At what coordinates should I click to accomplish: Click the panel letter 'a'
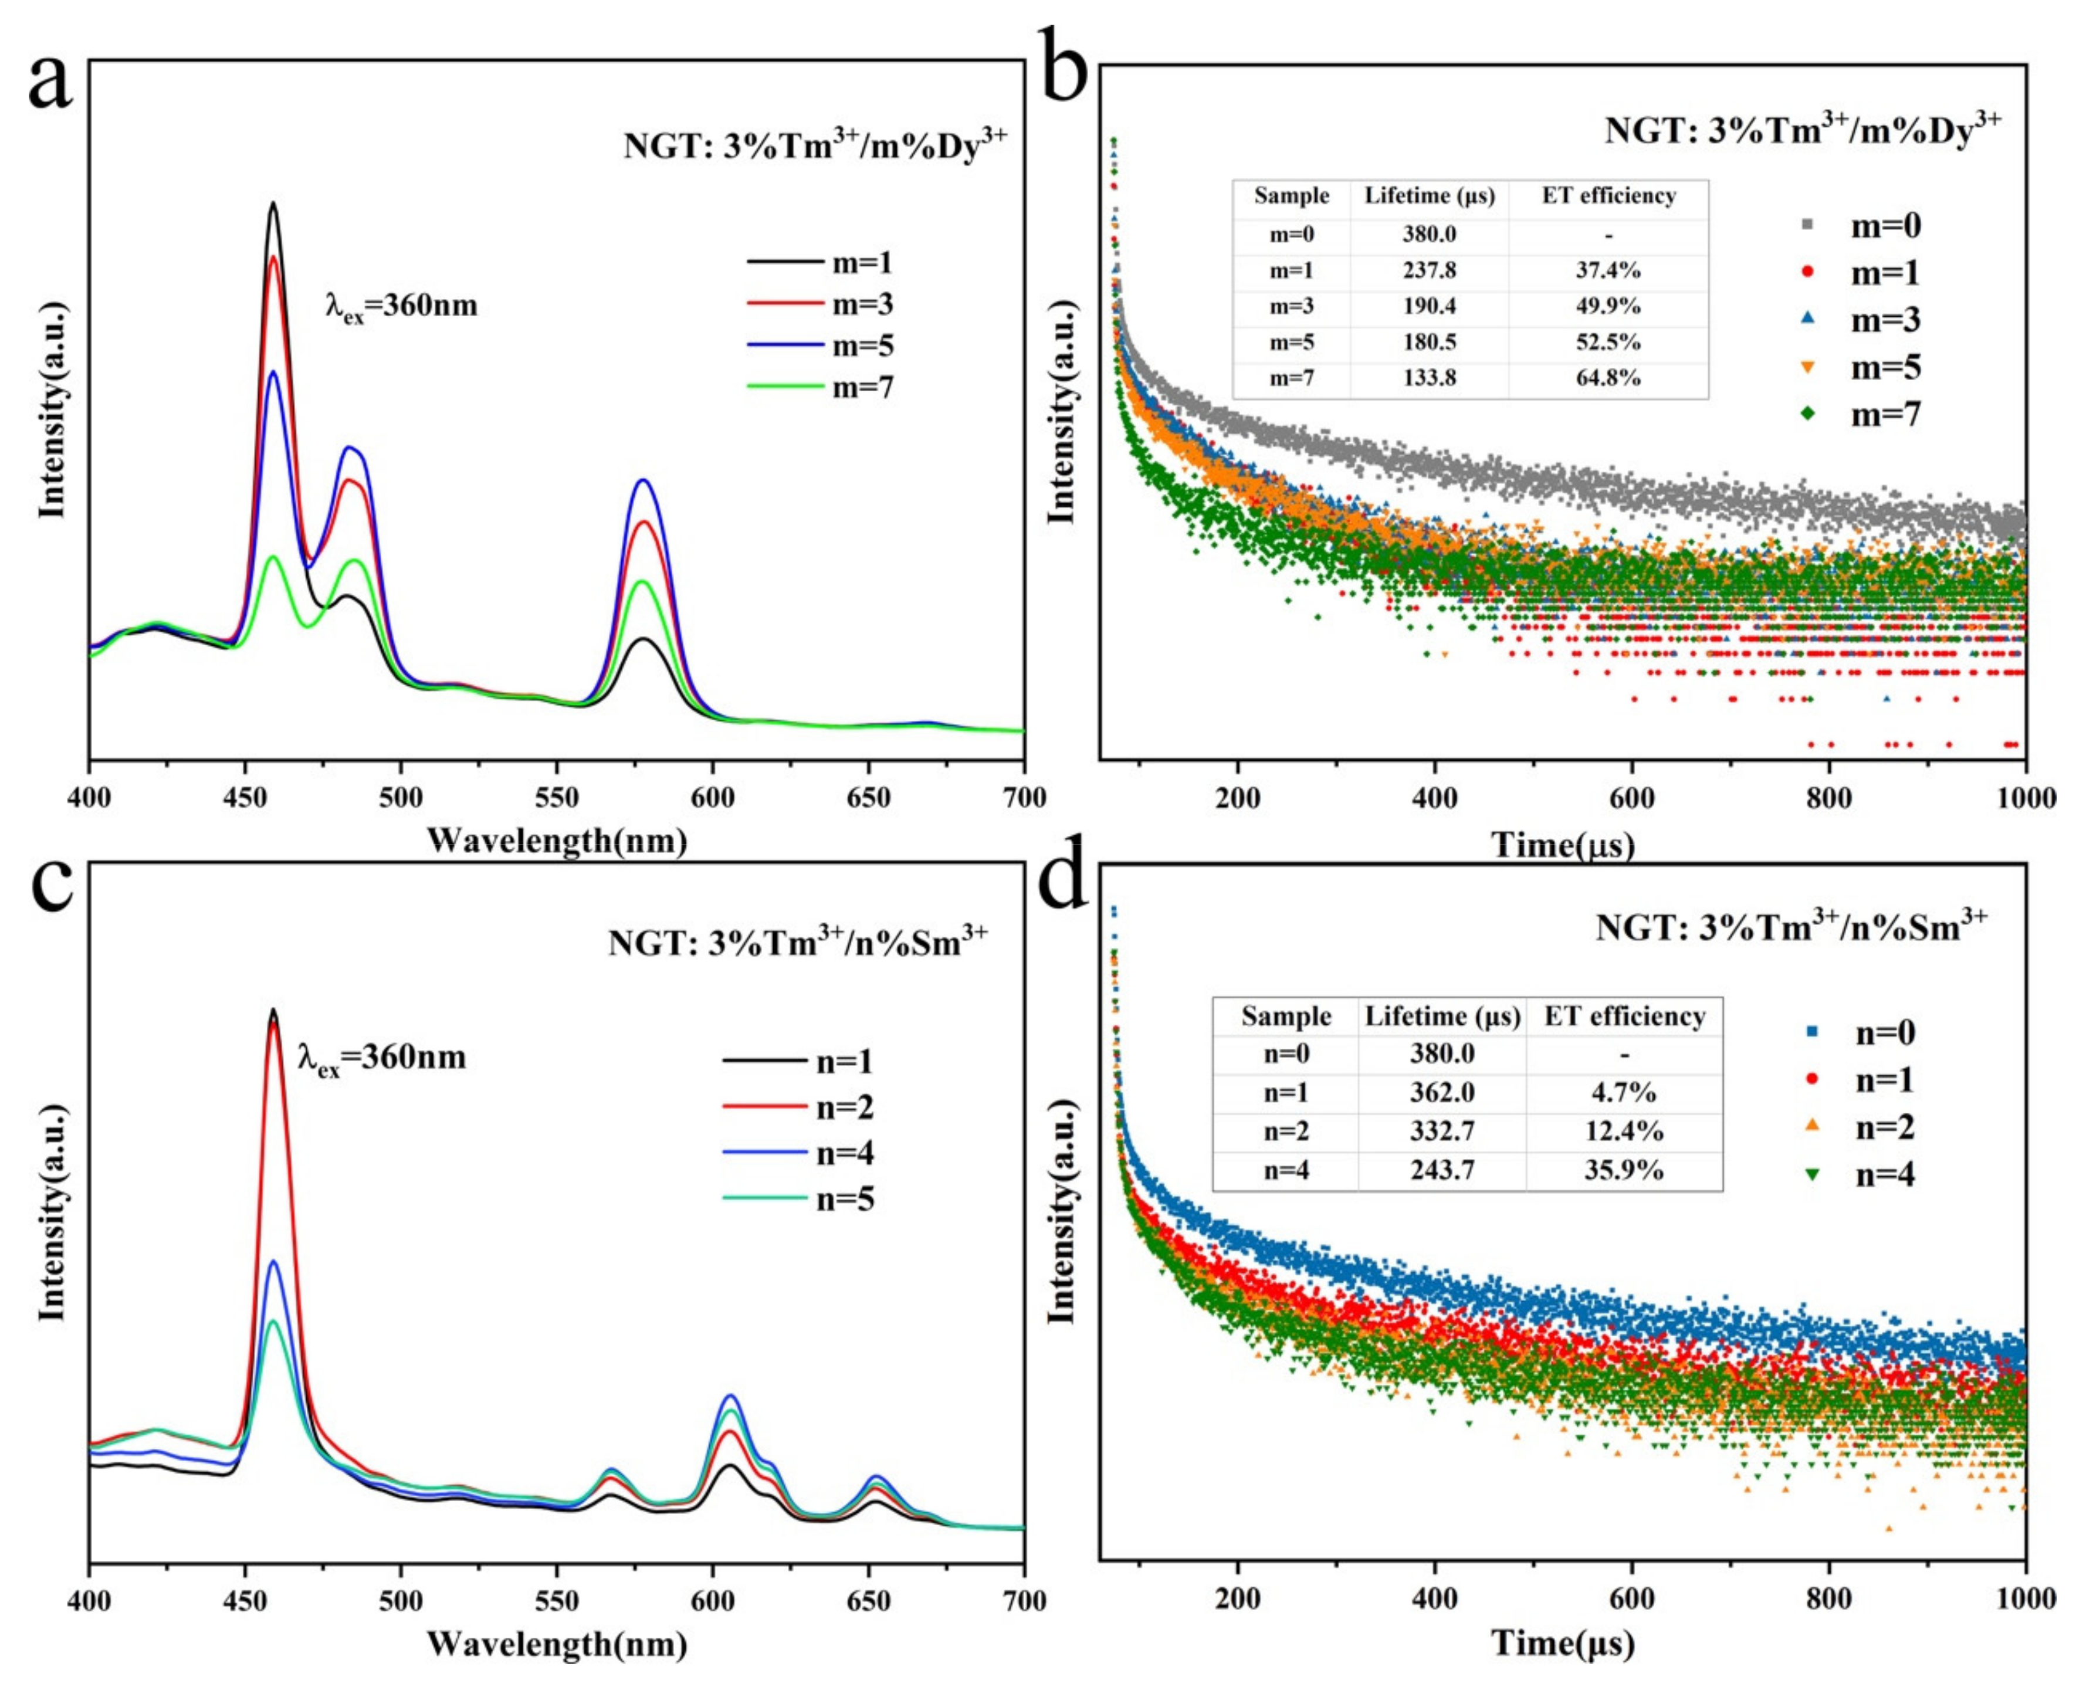50,83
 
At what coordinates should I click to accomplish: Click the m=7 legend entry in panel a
821,387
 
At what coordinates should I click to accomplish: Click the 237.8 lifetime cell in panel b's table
1430,270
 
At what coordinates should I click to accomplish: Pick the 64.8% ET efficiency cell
1608,378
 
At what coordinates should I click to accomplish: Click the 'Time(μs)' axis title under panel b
1563,844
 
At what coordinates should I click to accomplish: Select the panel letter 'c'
50,885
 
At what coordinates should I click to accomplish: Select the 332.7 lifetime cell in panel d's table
1442,1131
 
